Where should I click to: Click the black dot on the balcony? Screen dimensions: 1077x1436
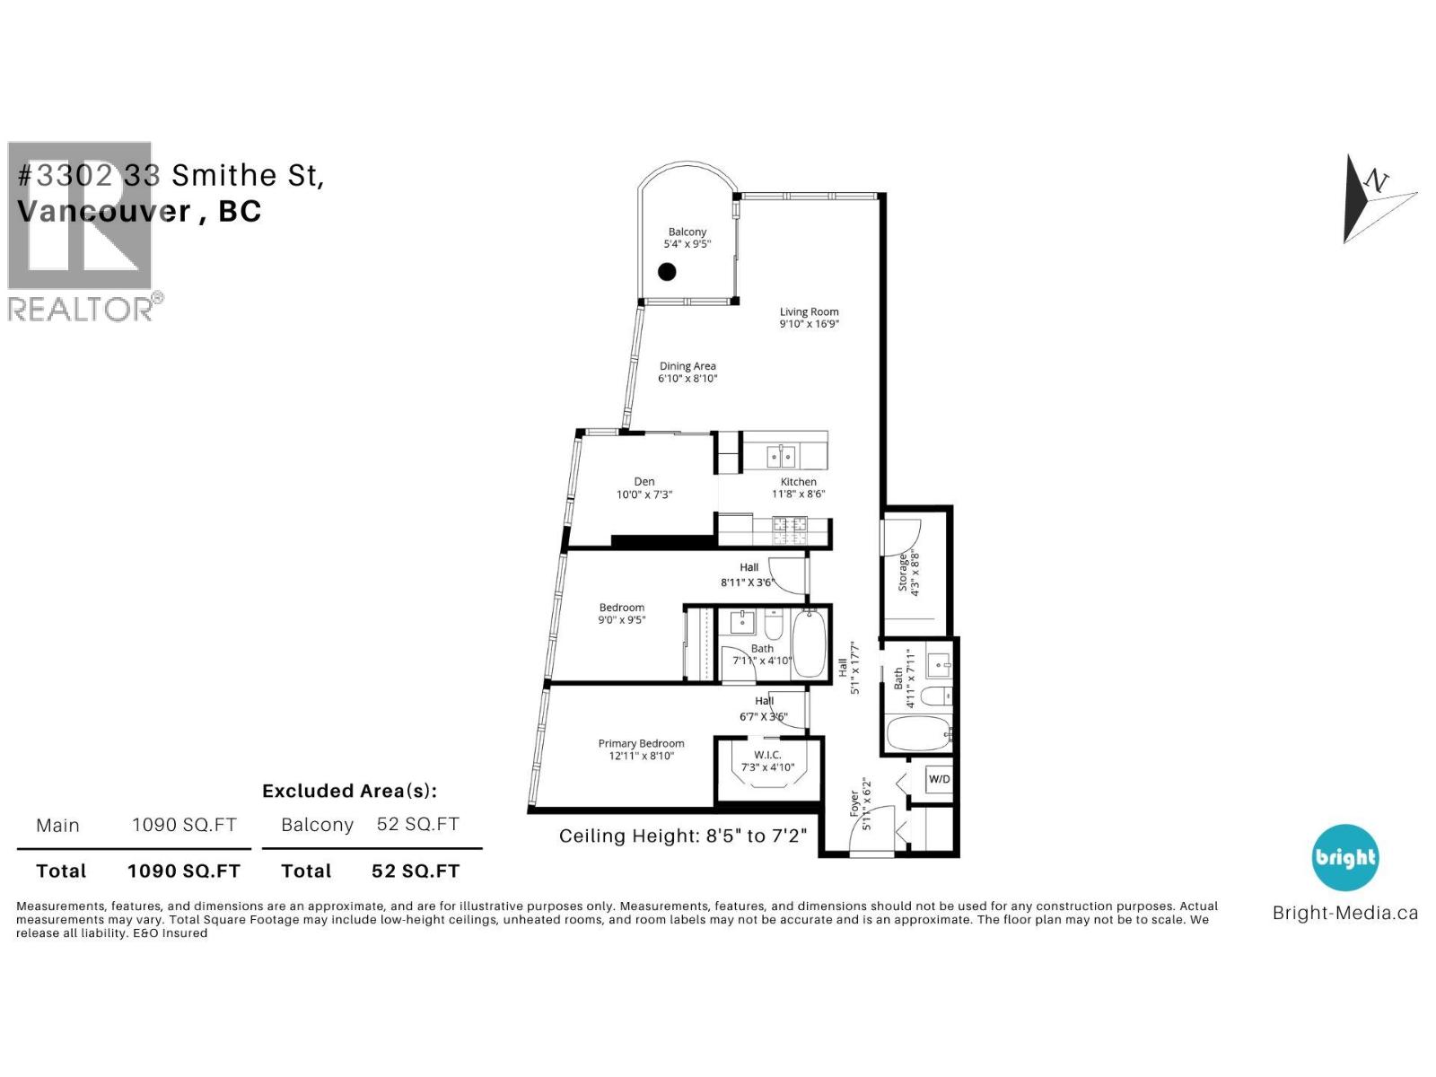[x=667, y=271]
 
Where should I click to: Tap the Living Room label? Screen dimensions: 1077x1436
[x=809, y=311]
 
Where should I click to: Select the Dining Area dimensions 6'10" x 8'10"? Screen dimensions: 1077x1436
[x=687, y=379]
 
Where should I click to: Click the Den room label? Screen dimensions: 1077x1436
[x=644, y=482]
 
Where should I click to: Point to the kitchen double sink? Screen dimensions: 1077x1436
[x=781, y=457]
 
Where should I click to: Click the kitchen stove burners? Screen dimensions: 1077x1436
[x=790, y=530]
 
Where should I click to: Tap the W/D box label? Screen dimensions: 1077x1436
[x=939, y=778]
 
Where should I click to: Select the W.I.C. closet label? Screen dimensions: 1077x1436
[x=767, y=755]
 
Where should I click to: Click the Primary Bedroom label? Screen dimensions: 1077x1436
[x=641, y=743]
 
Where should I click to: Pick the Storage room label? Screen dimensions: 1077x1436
[x=903, y=572]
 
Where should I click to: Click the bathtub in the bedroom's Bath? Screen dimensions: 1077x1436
[x=810, y=644]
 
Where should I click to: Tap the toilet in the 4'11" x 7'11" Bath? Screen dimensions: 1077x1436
[x=937, y=696]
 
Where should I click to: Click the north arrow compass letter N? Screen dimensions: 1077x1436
[x=1376, y=181]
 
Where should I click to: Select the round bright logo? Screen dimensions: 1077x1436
[x=1344, y=857]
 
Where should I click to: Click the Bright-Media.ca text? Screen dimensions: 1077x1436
[x=1344, y=913]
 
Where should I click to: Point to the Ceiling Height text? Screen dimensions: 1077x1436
[x=682, y=836]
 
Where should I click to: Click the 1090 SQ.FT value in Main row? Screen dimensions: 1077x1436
[x=184, y=825]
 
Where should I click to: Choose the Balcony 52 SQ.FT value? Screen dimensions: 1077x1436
[x=417, y=824]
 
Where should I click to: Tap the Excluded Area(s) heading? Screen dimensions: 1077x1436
[x=349, y=791]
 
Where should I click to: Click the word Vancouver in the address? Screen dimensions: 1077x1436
[x=103, y=211]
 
